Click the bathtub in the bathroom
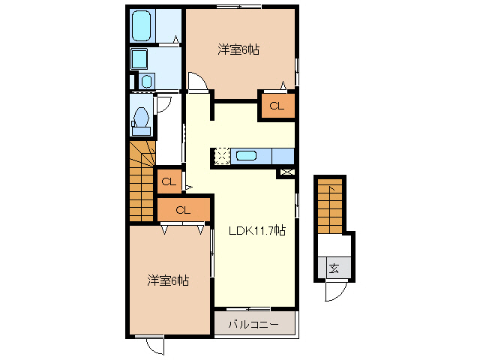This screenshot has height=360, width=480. click(143, 28)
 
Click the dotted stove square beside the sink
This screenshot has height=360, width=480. click(222, 156)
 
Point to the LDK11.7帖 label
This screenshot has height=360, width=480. click(256, 231)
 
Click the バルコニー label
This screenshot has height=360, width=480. click(253, 325)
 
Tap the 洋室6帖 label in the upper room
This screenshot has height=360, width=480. click(239, 50)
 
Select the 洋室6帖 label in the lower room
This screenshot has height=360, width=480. click(167, 280)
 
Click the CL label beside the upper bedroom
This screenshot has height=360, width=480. click(277, 106)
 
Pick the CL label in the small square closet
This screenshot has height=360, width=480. click(169, 181)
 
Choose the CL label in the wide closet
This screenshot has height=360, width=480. click(184, 210)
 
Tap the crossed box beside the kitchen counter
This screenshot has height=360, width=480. click(286, 172)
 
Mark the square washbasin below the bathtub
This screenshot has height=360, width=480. click(139, 59)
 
